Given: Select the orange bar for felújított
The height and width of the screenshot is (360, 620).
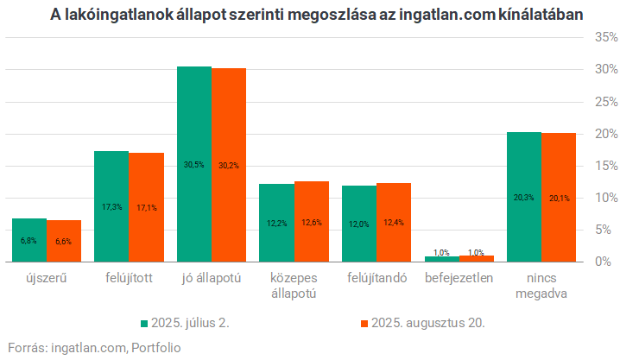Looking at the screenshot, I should click(147, 207).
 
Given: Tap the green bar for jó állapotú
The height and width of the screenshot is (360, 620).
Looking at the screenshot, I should click(193, 164).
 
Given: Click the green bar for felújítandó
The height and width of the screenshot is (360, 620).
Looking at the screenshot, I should click(359, 224).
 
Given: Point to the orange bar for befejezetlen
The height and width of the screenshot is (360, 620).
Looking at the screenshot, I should click(477, 258).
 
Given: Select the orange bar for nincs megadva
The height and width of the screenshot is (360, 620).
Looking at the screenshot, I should click(559, 197).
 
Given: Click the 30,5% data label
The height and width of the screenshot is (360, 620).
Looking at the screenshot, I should click(193, 164).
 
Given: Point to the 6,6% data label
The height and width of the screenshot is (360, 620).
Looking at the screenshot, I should click(64, 241).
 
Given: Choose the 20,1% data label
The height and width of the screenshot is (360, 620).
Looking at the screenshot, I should click(559, 198).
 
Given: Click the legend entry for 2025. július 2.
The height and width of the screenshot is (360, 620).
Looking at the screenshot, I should click(189, 323).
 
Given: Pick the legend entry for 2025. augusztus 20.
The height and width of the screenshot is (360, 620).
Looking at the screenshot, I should click(421, 323).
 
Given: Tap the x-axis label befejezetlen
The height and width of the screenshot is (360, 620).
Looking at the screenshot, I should click(459, 279).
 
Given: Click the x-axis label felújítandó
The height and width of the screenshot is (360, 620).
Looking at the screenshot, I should click(376, 279).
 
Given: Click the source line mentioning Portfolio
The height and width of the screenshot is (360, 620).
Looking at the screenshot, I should click(95, 348).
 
